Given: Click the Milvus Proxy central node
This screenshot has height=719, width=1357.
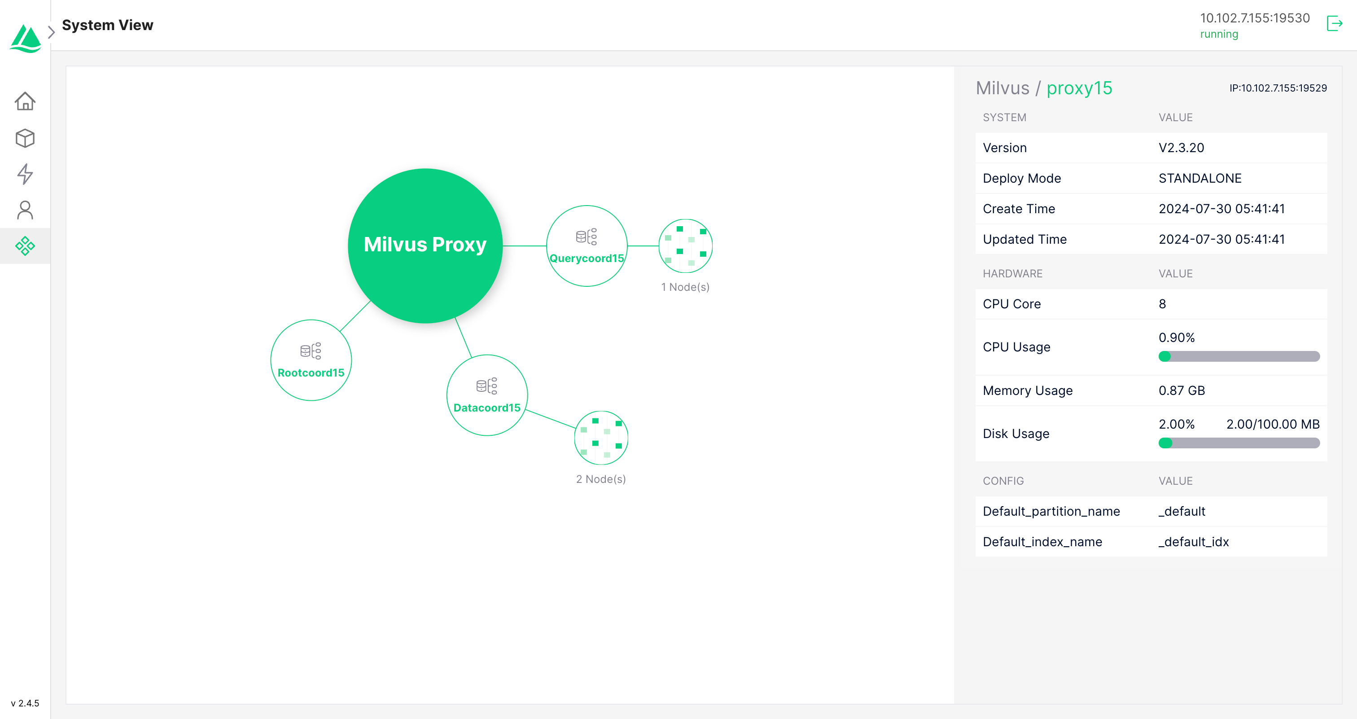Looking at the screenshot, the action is click(425, 246).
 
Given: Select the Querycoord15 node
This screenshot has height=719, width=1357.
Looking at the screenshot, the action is click(587, 246).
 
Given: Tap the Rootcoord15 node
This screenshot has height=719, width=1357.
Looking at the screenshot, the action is click(311, 360).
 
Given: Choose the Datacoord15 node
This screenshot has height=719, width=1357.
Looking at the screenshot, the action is click(487, 395).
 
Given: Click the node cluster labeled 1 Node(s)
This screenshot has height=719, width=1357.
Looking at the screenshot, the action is click(685, 246).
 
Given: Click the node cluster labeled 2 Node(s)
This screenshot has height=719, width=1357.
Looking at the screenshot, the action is click(601, 438).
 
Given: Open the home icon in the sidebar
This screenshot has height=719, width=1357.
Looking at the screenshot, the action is click(25, 101).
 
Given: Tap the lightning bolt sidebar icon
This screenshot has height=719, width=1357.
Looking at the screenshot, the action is click(25, 174).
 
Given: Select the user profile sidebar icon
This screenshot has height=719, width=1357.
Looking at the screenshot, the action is click(25, 210).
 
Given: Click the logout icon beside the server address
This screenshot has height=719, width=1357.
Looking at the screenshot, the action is click(1335, 24).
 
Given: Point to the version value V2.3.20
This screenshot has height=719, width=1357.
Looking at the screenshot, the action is click(1181, 148).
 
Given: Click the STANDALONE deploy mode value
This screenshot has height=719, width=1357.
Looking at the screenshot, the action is click(1199, 179).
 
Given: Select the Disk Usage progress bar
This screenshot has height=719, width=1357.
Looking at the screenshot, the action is click(1239, 443).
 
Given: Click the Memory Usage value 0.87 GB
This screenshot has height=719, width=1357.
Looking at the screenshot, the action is click(1182, 391).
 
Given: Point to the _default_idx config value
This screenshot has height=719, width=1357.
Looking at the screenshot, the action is click(1193, 542).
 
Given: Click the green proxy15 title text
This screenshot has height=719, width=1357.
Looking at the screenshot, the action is click(1079, 88).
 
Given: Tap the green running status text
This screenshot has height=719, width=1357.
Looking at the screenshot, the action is click(1219, 34).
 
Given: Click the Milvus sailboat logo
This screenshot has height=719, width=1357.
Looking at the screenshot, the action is click(25, 38).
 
